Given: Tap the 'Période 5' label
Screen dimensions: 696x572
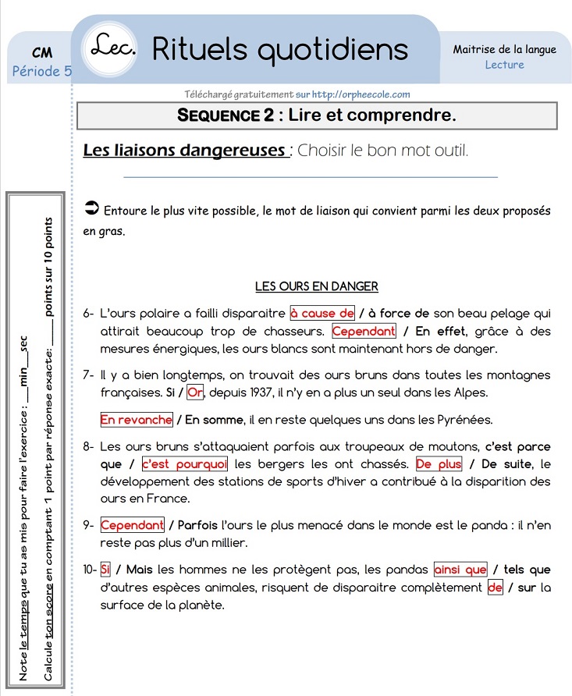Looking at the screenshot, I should click(x=42, y=71).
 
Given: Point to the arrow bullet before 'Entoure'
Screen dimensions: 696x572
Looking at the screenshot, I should click(x=91, y=208).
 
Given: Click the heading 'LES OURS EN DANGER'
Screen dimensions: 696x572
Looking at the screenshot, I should click(x=316, y=286).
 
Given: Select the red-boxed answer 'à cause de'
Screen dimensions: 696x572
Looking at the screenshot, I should click(x=322, y=313).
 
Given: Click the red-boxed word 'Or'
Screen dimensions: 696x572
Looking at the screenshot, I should click(x=195, y=391).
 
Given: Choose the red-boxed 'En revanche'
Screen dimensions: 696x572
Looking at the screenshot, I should click(x=136, y=420).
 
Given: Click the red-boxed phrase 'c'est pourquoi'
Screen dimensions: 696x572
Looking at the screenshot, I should click(x=184, y=463).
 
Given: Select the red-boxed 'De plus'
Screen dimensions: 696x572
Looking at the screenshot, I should click(x=439, y=463).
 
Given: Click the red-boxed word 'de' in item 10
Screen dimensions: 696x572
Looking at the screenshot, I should click(x=495, y=587).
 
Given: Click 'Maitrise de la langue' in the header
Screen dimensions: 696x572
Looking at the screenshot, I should click(x=504, y=49).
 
